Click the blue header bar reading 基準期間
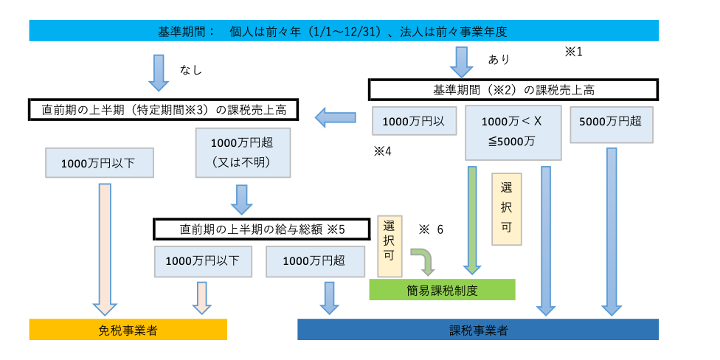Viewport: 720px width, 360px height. (343, 31)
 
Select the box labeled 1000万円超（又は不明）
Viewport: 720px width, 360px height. (243, 152)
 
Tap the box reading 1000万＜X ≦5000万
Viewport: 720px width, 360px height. (513, 132)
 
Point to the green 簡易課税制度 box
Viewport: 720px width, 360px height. (442, 290)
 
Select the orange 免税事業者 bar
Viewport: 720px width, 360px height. (128, 330)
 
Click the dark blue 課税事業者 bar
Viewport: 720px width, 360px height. (478, 330)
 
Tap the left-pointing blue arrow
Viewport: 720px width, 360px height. (336, 117)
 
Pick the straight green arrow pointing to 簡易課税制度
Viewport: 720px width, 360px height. (472, 220)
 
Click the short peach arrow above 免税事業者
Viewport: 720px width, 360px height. (201, 297)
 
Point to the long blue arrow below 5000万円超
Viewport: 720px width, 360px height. (612, 231)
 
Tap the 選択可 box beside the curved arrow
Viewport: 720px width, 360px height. (389, 246)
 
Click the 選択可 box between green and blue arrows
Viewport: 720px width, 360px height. (506, 209)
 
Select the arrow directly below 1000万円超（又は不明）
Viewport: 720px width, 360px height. (241, 198)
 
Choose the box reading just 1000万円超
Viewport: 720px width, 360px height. (314, 260)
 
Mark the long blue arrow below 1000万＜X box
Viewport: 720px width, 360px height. (546, 240)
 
